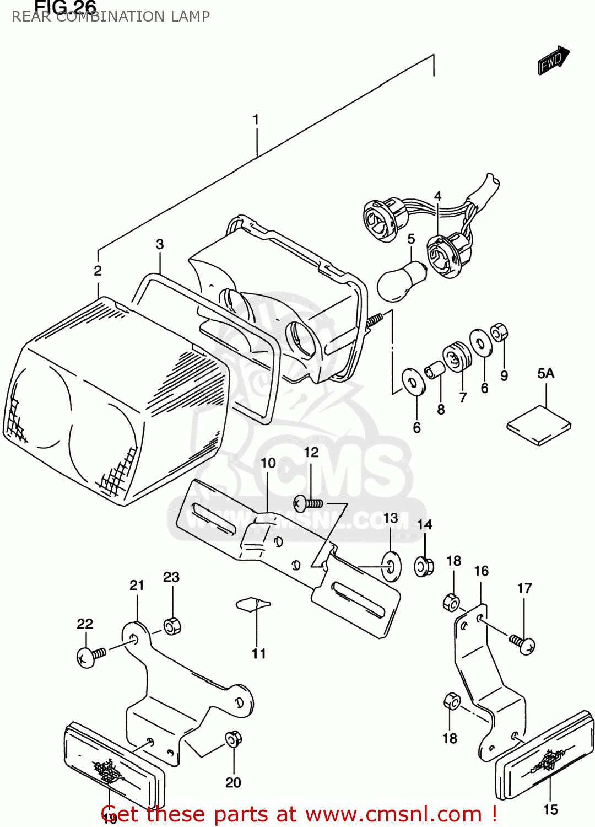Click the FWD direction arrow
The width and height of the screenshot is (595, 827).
tap(553, 60)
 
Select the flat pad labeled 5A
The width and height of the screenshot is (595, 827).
tap(539, 425)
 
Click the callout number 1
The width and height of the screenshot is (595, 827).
tap(256, 120)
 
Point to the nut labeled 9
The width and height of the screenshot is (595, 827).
tap(499, 332)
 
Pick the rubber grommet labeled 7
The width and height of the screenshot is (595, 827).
tap(457, 357)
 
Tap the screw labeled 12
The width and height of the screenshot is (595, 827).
tap(307, 503)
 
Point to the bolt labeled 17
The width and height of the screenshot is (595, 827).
tap(522, 643)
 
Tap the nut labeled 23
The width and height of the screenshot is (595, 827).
tap(172, 626)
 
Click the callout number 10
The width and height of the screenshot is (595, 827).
tap(268, 463)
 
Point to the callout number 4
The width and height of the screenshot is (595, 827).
tap(437, 196)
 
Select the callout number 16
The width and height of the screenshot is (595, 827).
tap(481, 571)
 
